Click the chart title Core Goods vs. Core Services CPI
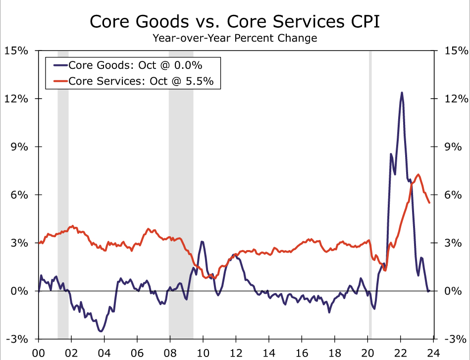(235, 22)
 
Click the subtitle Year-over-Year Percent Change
(235, 38)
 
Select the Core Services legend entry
(141, 81)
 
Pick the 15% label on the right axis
(454, 51)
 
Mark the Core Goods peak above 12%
(402, 93)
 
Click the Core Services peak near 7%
(418, 174)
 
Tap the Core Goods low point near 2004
(101, 331)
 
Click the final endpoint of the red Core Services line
(429, 203)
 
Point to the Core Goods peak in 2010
(202, 242)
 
